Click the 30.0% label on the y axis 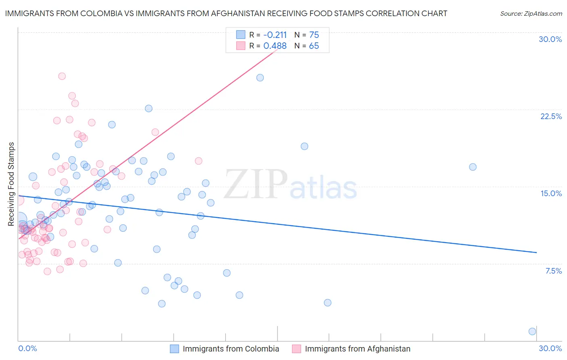click(550, 39)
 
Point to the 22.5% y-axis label click(551, 116)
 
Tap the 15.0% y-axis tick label click(551, 193)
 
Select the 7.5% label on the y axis click(553, 271)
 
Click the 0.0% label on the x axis click(27, 348)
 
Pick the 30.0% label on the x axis click(550, 348)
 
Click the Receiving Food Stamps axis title click(11, 184)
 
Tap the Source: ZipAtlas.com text click(531, 14)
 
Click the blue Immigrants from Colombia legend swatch click(174, 349)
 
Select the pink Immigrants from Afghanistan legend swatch click(296, 349)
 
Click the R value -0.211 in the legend click(275, 35)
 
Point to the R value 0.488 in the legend click(275, 46)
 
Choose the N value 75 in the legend click(314, 35)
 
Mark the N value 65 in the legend click(314, 46)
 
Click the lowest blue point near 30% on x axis click(532, 331)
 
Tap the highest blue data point click(260, 77)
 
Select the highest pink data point click(62, 76)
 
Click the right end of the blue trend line click(537, 252)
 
